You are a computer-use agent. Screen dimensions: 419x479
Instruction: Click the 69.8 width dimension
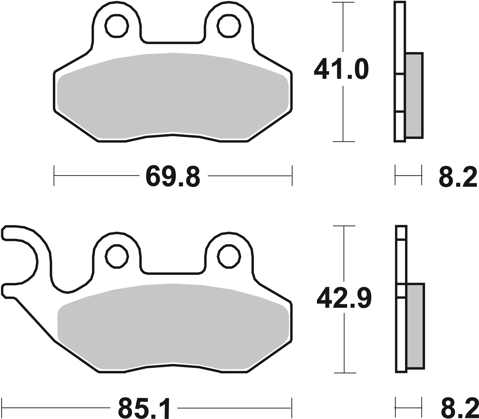click(x=173, y=176)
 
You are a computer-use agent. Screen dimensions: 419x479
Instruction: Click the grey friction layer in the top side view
click(x=414, y=95)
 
